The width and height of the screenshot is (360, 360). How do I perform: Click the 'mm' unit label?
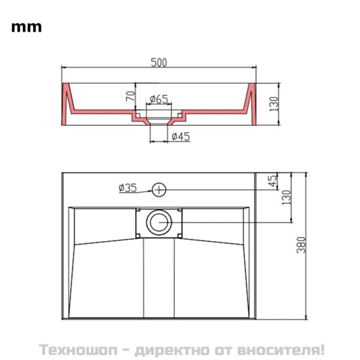(x=26, y=27)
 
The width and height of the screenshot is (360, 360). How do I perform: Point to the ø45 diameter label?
(x=180, y=136)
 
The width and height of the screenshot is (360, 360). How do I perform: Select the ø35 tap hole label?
(x=127, y=188)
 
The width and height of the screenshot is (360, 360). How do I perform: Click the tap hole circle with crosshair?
(x=159, y=190)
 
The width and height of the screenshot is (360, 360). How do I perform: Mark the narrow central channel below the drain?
(x=160, y=276)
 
